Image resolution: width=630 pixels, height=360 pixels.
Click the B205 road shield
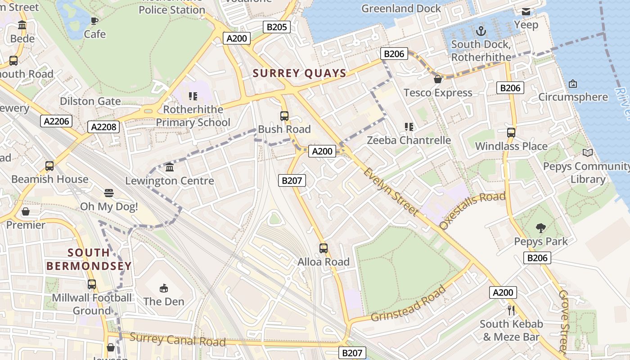tap(276, 27)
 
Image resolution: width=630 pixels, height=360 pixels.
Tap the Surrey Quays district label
tap(299, 73)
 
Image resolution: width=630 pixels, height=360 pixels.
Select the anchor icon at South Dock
tap(481, 31)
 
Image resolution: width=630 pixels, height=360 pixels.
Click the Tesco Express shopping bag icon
tap(437, 80)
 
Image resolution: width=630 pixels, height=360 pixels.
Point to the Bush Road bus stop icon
tap(284, 116)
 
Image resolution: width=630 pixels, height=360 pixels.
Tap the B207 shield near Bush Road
tap(292, 181)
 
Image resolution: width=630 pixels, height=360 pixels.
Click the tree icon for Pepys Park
tap(541, 228)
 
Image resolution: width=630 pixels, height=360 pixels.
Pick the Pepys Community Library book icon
tap(587, 153)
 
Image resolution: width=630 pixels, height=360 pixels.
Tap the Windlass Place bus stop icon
tap(511, 133)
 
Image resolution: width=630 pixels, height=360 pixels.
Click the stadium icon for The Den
tap(164, 288)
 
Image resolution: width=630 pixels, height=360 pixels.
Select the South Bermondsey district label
tap(89, 259)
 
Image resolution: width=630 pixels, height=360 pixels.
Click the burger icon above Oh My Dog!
tap(108, 193)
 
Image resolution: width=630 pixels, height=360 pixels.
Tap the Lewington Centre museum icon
tap(170, 167)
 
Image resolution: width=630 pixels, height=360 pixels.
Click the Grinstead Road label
tap(409, 304)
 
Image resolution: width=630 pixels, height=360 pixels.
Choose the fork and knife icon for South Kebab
tap(511, 310)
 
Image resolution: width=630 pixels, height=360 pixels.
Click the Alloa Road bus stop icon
tap(323, 248)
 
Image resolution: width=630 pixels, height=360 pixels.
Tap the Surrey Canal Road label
tap(177, 340)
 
